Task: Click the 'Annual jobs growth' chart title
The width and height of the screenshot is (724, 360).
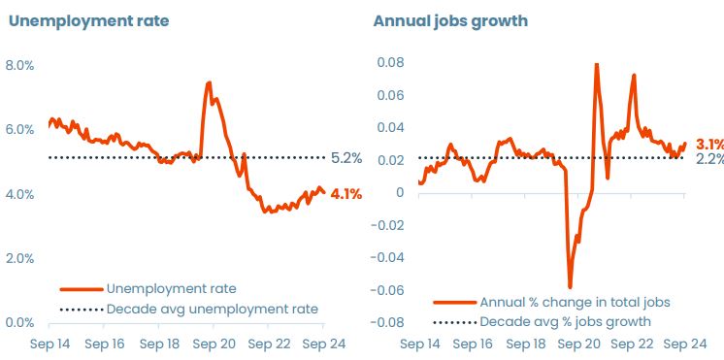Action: tap(445, 21)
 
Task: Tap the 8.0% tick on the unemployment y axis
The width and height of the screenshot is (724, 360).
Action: tap(20, 65)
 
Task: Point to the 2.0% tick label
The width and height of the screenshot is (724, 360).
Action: tap(20, 258)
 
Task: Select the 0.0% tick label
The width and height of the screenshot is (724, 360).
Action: tap(20, 322)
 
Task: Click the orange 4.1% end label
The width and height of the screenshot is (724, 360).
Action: tap(346, 194)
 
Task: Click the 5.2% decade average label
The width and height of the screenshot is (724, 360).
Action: tap(346, 157)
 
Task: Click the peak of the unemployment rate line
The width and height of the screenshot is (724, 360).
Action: tap(209, 82)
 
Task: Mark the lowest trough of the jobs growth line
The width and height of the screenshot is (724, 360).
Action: tap(570, 287)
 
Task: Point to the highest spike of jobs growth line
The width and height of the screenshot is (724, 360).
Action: tap(595, 64)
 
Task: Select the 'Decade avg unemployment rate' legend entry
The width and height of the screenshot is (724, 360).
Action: tap(212, 309)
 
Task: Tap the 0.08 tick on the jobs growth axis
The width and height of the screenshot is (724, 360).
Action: tap(390, 63)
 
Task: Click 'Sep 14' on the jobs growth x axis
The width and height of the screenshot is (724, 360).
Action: tap(420, 344)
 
